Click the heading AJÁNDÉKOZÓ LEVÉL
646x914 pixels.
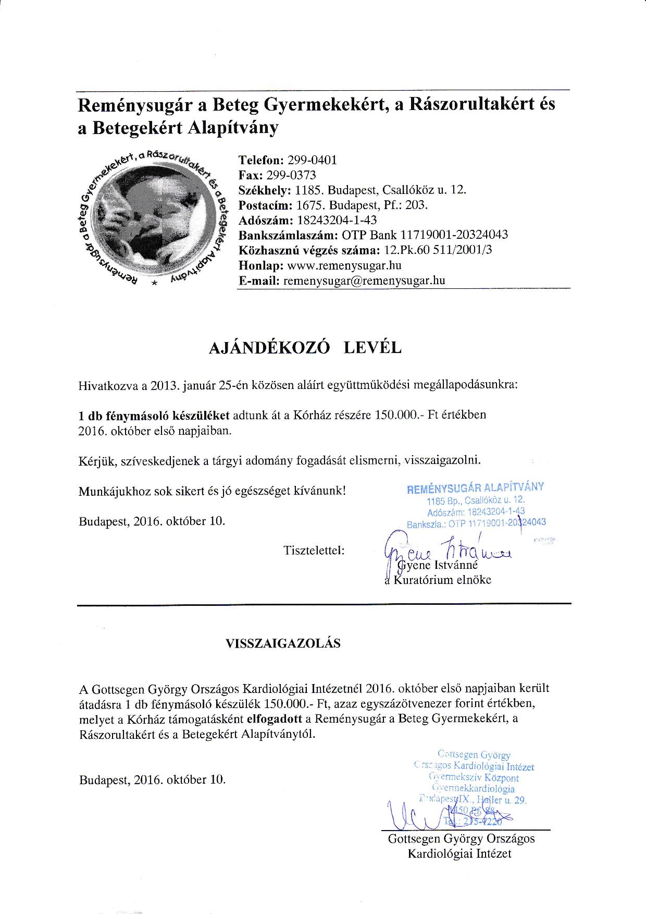click(x=305, y=348)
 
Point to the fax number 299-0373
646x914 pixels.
click(x=291, y=175)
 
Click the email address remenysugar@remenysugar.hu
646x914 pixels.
click(x=364, y=280)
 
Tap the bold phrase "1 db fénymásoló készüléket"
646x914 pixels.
click(x=154, y=416)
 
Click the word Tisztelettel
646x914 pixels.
click(x=314, y=550)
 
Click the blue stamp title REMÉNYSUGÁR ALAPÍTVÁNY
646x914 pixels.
click(x=475, y=488)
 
